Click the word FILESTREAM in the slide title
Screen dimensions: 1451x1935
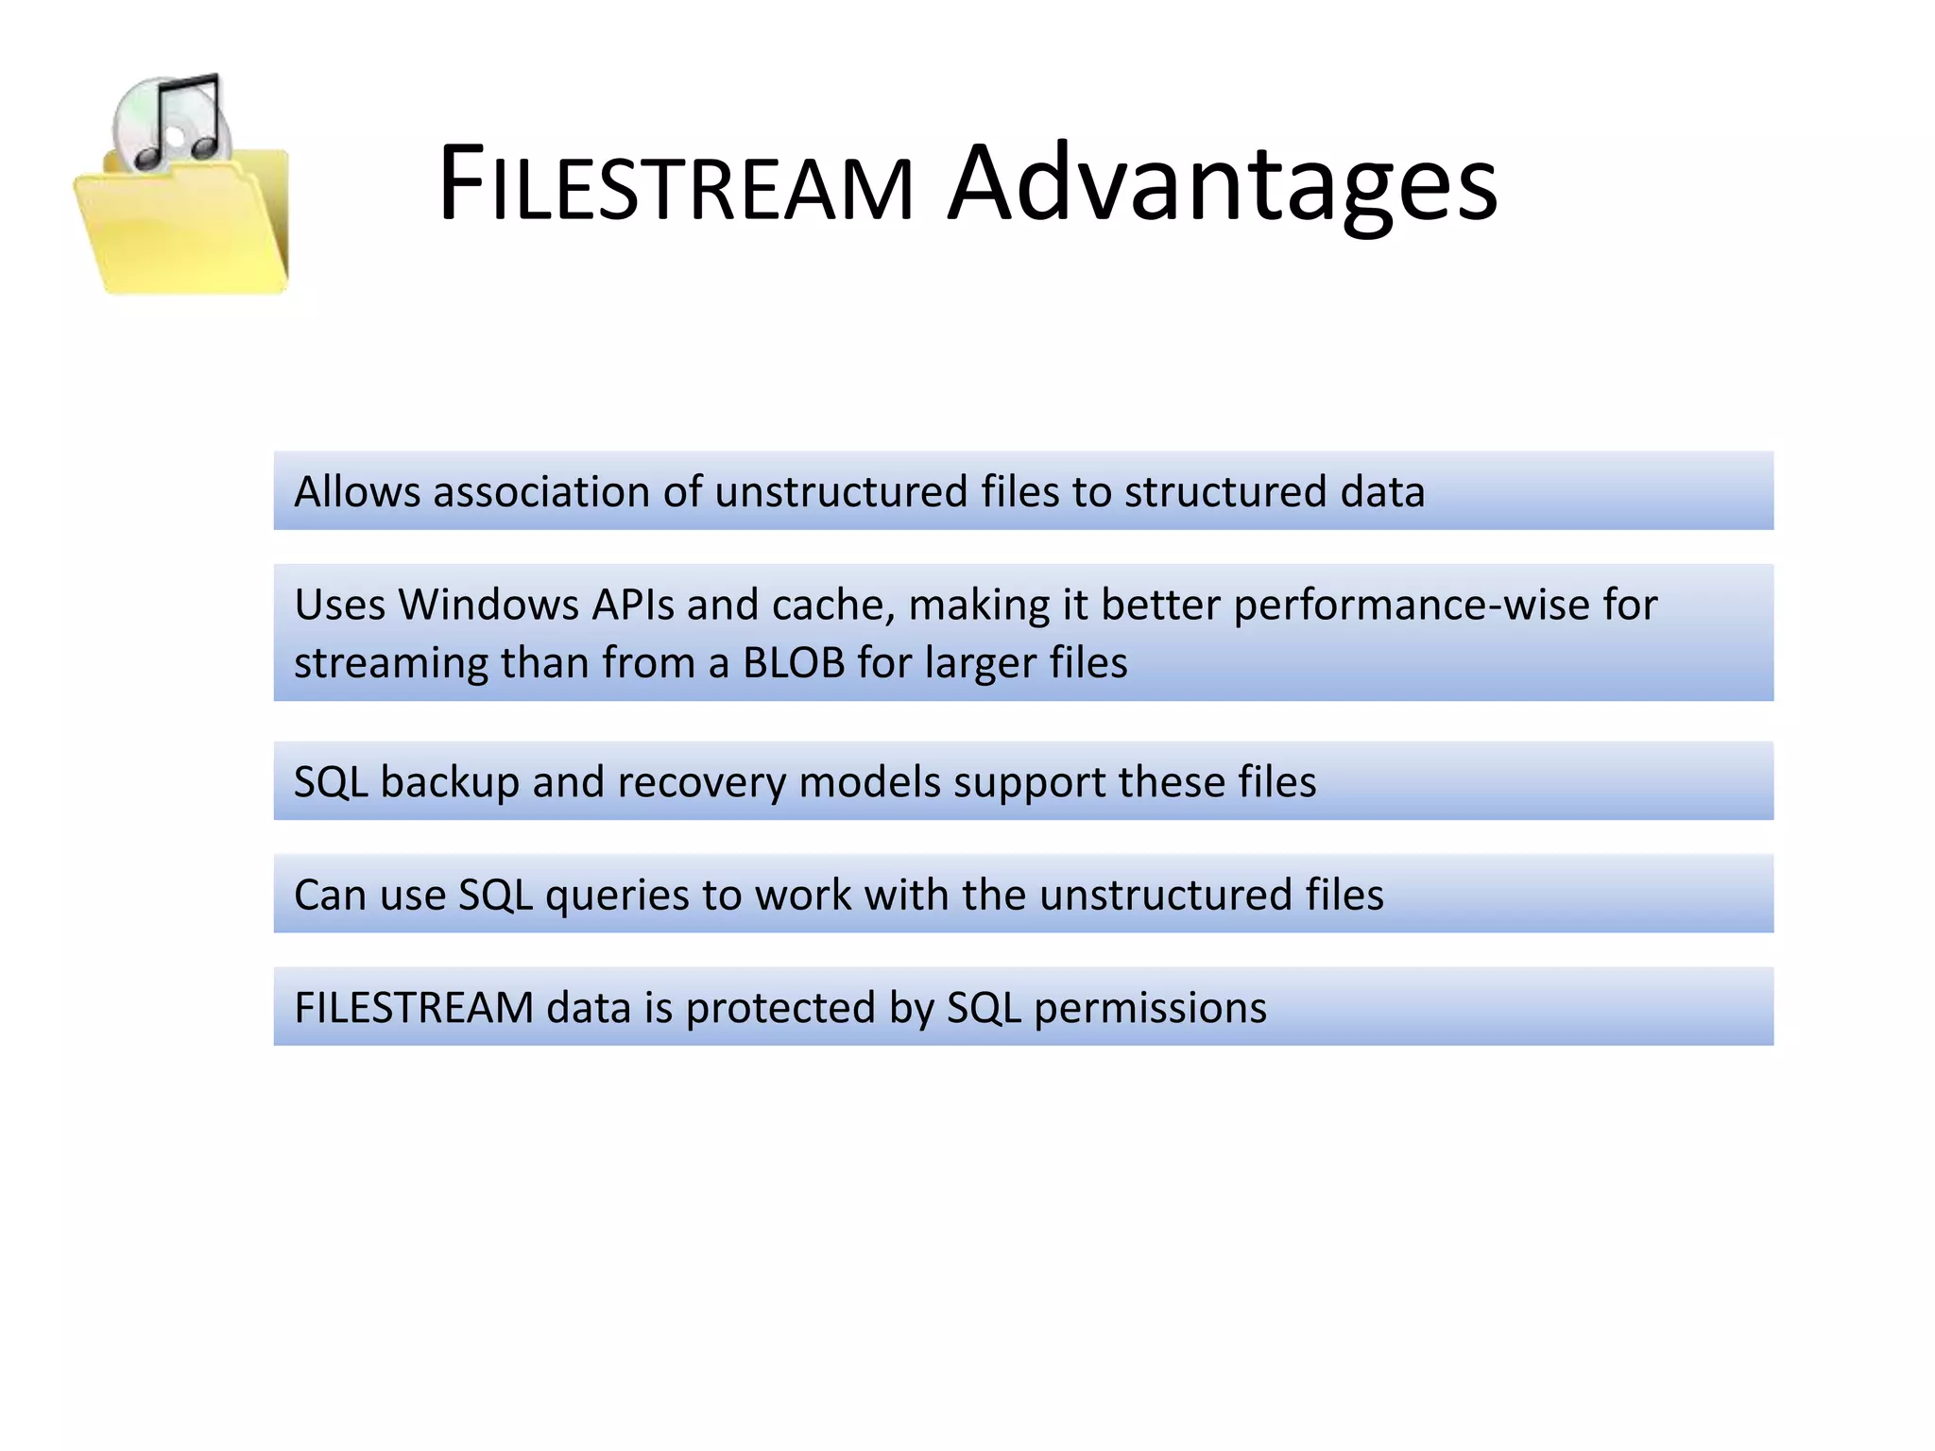point(676,184)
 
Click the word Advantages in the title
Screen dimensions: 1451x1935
point(1223,184)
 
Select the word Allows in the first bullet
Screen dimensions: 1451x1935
point(357,492)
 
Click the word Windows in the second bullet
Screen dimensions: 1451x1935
point(488,605)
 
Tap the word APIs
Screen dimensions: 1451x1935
point(633,605)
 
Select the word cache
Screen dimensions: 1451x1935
point(832,605)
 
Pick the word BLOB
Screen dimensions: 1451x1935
point(794,663)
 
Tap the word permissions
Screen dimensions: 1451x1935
point(1150,1008)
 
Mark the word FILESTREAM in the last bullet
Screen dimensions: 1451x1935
point(414,1008)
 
